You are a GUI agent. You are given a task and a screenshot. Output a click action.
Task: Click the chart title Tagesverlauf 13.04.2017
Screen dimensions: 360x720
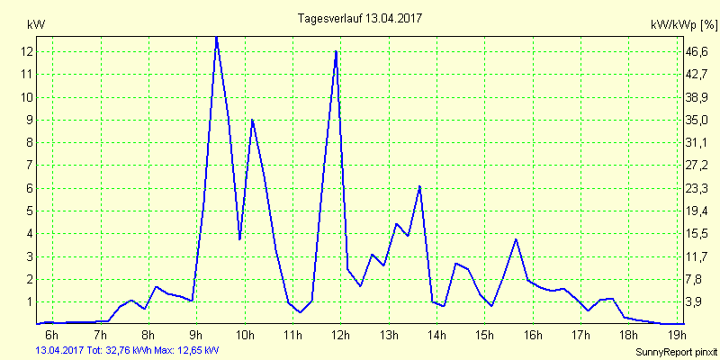coord(360,18)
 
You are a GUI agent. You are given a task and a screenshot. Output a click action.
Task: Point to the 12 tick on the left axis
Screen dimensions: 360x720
coord(28,52)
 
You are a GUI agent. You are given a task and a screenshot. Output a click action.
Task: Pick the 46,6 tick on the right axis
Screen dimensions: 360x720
coord(697,52)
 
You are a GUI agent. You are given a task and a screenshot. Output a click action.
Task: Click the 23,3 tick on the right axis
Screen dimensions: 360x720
coord(697,188)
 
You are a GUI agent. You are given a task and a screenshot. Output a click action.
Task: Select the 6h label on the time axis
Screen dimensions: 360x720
coord(52,336)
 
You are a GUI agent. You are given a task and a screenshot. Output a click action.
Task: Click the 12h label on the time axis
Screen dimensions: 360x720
coord(340,336)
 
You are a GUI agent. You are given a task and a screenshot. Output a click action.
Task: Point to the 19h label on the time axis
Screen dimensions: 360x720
coord(677,336)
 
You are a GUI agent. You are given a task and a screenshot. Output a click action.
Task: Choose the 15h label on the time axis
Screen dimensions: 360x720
coord(484,336)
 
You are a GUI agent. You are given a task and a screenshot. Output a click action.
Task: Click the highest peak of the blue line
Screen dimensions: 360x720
coord(216,38)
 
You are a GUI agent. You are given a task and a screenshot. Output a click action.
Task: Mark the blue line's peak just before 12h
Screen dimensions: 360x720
coord(336,51)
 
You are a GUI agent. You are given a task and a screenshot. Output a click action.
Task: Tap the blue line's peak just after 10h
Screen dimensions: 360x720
coord(252,120)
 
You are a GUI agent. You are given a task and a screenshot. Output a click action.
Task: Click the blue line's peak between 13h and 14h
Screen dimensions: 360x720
coord(419,186)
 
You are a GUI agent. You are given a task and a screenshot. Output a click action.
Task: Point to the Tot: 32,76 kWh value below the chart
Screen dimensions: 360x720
coord(119,349)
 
